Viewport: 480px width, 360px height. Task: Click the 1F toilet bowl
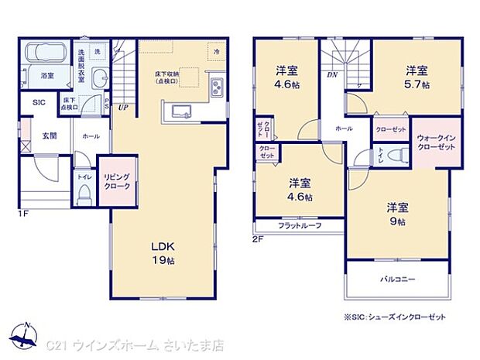(x=84, y=194)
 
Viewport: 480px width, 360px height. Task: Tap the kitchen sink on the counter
(x=180, y=111)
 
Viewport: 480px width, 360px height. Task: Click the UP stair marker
(x=123, y=108)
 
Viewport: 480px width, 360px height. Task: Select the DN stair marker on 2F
(x=332, y=75)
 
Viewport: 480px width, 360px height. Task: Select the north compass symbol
(x=26, y=336)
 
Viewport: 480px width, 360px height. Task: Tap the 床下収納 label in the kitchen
(x=167, y=77)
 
